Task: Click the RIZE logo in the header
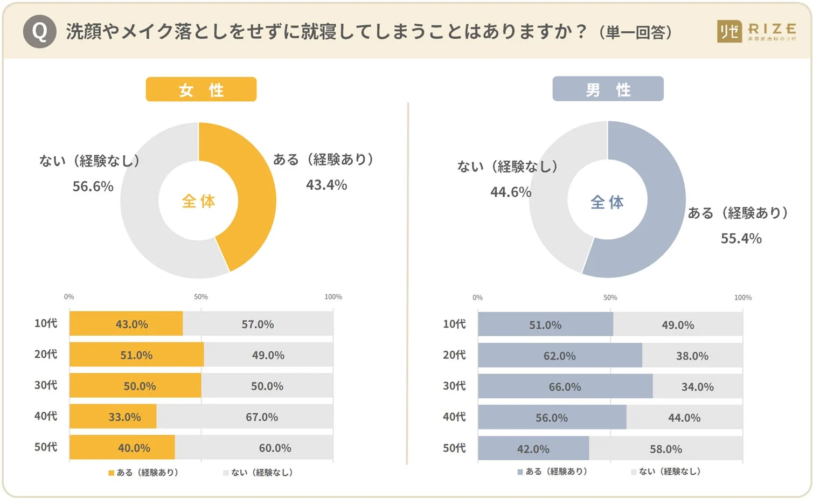(756, 32)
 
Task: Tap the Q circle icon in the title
(39, 32)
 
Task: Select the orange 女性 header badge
(201, 89)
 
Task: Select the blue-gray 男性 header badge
(608, 89)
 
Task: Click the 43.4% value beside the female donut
(326, 185)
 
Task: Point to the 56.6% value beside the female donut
(93, 186)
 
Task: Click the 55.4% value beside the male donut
(741, 238)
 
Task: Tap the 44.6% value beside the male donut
(511, 192)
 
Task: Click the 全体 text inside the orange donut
(198, 201)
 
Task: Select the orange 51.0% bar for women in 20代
(136, 355)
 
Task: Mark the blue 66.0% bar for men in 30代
(565, 386)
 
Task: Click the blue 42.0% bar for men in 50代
(533, 449)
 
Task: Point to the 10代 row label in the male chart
(454, 324)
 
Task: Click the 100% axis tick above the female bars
(333, 297)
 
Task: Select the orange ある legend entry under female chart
(143, 473)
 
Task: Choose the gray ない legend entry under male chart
(666, 472)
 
